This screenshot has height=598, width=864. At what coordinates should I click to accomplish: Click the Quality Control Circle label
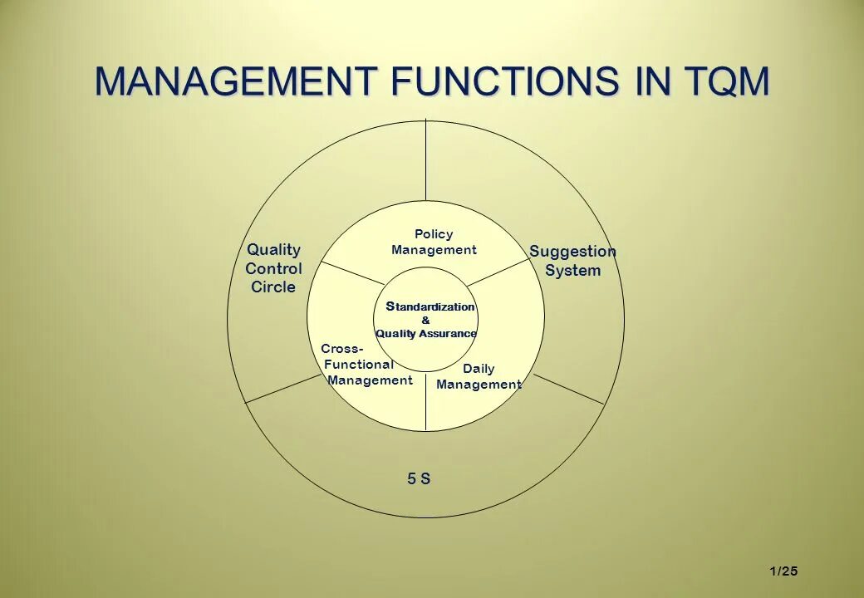(273, 268)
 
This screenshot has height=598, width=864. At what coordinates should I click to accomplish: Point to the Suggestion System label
(572, 261)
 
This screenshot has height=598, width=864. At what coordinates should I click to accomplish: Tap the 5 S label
(419, 478)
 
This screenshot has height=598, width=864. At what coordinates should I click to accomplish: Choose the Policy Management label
(434, 242)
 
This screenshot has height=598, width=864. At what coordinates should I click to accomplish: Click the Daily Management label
(479, 376)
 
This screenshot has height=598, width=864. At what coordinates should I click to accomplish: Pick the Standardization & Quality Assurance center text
(426, 320)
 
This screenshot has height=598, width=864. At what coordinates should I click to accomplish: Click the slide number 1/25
(783, 571)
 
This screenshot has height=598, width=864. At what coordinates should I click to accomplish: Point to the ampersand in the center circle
(426, 321)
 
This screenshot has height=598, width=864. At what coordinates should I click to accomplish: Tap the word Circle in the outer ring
(273, 287)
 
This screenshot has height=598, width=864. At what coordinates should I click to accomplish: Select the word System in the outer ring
(572, 271)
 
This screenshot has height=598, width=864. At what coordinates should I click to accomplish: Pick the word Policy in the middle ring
(434, 234)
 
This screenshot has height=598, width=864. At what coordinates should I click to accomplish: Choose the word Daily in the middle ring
(479, 369)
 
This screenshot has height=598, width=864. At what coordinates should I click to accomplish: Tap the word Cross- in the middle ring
(341, 349)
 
